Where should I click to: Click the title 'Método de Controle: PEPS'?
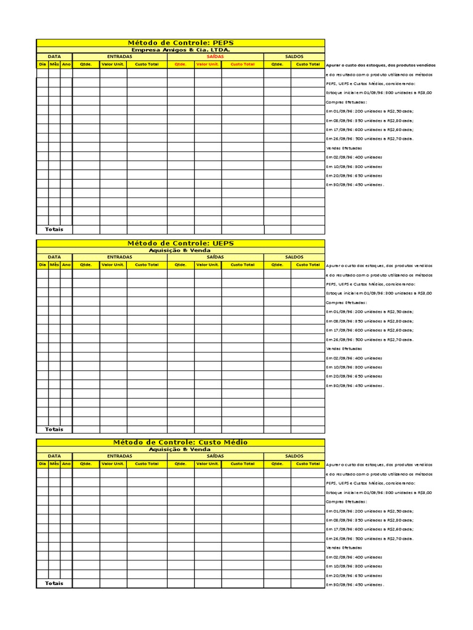180,43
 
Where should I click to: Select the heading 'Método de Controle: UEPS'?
180,244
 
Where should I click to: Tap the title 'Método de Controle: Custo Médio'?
180,442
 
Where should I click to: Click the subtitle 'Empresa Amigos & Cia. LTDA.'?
180,50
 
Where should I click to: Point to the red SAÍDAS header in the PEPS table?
215,57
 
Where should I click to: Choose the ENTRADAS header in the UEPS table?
119,257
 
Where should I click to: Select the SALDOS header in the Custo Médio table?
294,457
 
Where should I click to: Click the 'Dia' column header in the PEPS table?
42,64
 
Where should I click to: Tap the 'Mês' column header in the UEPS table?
54,265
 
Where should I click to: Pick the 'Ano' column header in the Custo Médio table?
67,464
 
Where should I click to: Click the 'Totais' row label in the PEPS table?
54,229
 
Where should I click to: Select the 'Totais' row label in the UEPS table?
54,429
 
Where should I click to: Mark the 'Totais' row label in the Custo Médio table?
54,583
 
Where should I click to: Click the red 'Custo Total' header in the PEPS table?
242,64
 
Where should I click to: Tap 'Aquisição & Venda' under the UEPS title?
180,250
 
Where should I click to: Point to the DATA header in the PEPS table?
54,57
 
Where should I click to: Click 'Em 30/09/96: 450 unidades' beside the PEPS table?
355,185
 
